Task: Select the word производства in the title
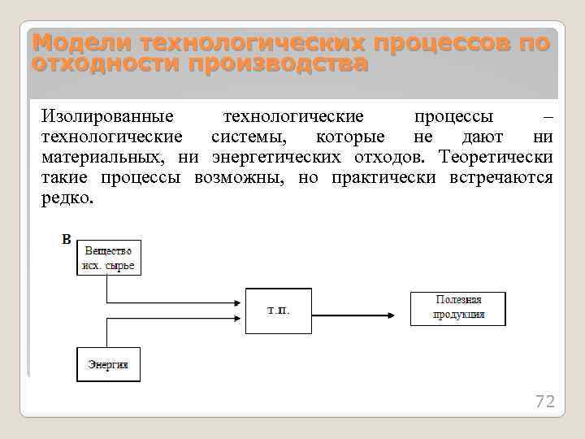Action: [277, 63]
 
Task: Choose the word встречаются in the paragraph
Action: [500, 177]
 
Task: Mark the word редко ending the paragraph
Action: [66, 198]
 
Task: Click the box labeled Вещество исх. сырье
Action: [109, 257]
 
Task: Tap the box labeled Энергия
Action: [108, 365]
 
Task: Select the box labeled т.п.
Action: [278, 310]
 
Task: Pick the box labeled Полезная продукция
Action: [457, 308]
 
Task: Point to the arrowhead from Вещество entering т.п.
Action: [240, 302]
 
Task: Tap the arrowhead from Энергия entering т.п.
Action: [240, 318]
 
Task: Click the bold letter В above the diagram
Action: [67, 239]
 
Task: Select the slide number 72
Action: [544, 402]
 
